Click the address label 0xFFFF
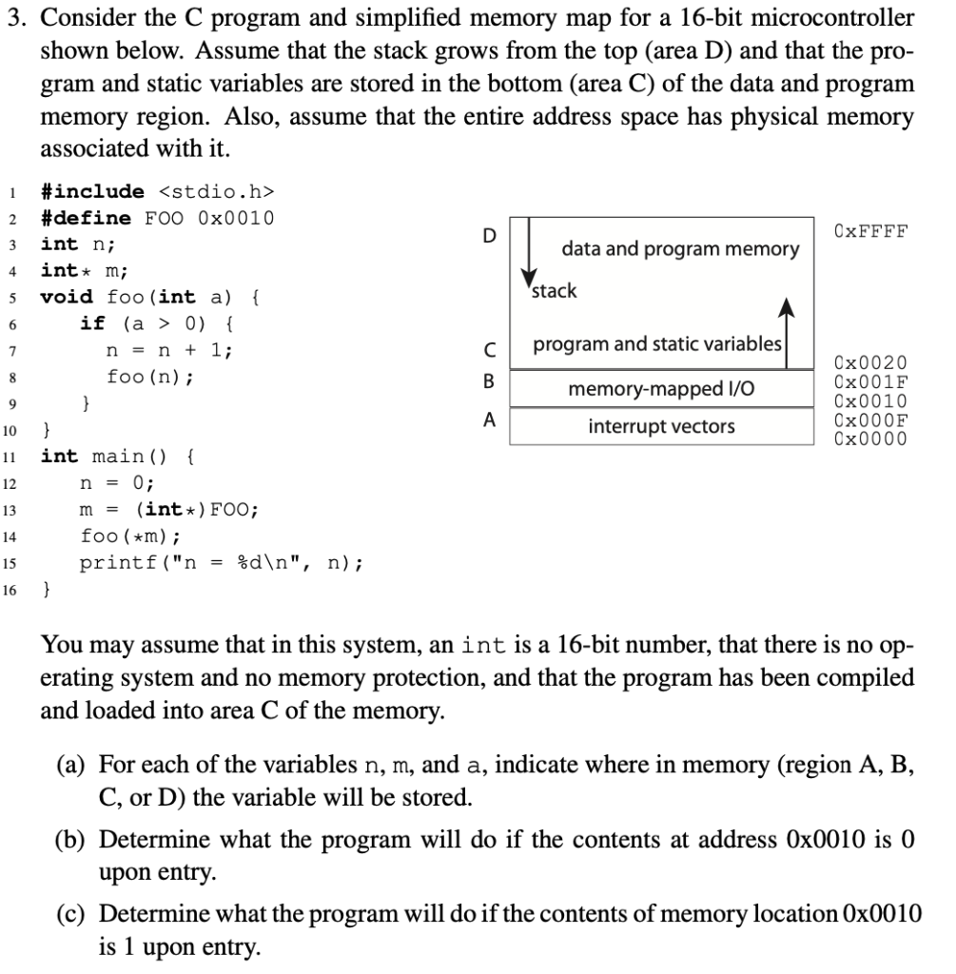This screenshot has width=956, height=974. tap(869, 231)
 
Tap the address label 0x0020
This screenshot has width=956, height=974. tap(869, 362)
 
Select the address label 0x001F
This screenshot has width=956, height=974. tap(869, 381)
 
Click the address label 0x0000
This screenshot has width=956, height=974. tap(869, 438)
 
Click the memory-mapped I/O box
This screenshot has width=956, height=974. tap(662, 388)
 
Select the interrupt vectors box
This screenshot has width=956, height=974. tap(662, 426)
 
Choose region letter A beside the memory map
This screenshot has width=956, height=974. tap(489, 419)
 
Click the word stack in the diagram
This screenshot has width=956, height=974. tap(555, 291)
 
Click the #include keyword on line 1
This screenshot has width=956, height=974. tap(92, 191)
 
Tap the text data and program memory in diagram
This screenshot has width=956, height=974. tap(680, 249)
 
